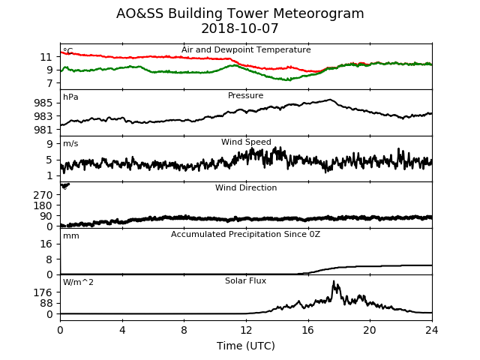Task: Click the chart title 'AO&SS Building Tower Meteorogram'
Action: pos(240,13)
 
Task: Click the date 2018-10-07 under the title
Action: pos(240,28)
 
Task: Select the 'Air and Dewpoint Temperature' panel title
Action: pos(246,50)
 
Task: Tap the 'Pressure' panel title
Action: pos(245,95)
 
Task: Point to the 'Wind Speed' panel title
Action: pos(246,142)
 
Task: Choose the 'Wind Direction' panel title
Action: pos(246,187)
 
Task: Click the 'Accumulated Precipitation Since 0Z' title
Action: pos(245,235)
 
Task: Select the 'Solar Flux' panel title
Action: pos(245,280)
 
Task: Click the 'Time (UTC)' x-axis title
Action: pos(246,346)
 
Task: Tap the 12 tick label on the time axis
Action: pos(246,330)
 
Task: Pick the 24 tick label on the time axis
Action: pos(432,330)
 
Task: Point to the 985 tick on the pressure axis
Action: pos(43,103)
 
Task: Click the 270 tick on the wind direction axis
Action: pos(43,195)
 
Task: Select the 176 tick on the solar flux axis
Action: pos(43,292)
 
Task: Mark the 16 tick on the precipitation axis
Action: pos(46,244)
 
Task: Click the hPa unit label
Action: pos(70,97)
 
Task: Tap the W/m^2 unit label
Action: pos(78,282)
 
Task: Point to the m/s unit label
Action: pos(70,143)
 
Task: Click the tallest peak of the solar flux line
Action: pos(334,281)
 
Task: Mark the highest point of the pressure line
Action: pos(330,100)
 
